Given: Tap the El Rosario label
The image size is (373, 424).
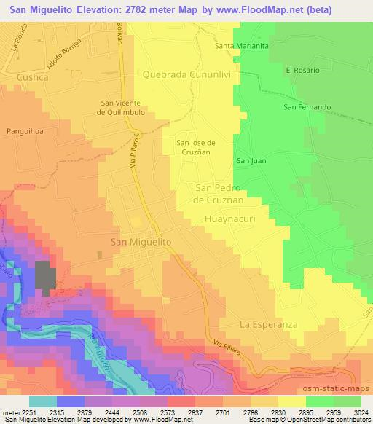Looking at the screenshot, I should click(303, 70).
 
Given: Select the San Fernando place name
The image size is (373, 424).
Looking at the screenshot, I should click(307, 107).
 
